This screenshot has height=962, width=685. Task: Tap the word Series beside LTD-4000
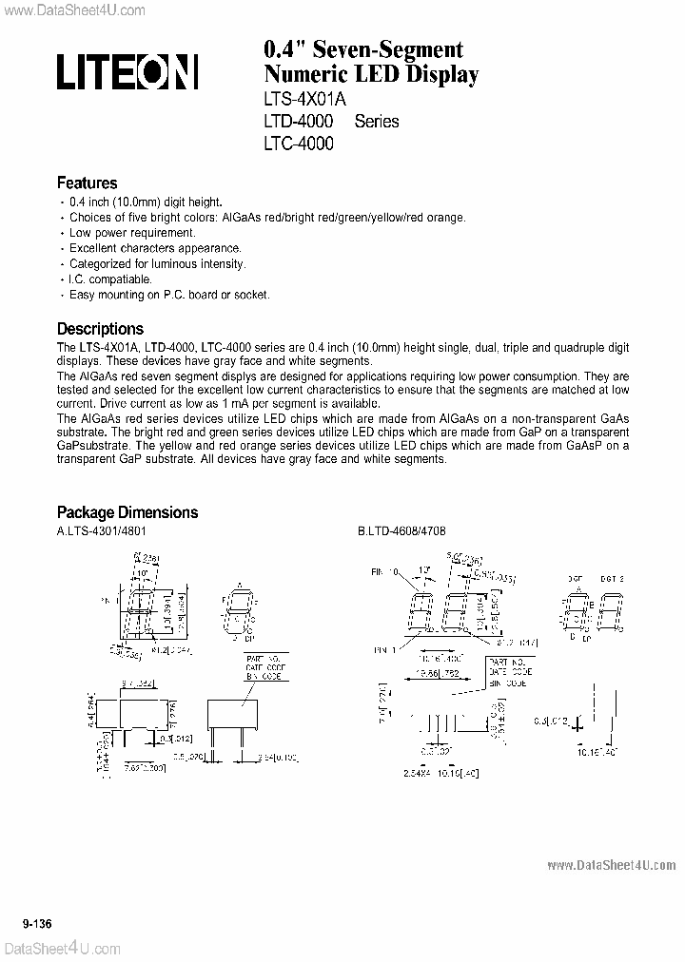tap(377, 122)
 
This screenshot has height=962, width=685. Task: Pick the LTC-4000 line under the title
tap(298, 144)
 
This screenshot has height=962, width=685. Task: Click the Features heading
tap(88, 183)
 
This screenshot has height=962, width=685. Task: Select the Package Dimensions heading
tap(127, 512)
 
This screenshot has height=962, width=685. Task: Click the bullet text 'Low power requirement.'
tap(132, 233)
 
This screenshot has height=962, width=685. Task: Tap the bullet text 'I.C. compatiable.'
tap(110, 279)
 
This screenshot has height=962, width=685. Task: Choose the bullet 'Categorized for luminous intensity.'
tap(157, 263)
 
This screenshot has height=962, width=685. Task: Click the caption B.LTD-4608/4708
tap(401, 533)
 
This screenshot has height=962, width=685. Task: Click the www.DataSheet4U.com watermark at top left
tap(73, 10)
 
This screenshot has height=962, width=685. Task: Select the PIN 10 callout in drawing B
tap(384, 573)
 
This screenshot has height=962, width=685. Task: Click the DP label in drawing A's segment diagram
tap(249, 630)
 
